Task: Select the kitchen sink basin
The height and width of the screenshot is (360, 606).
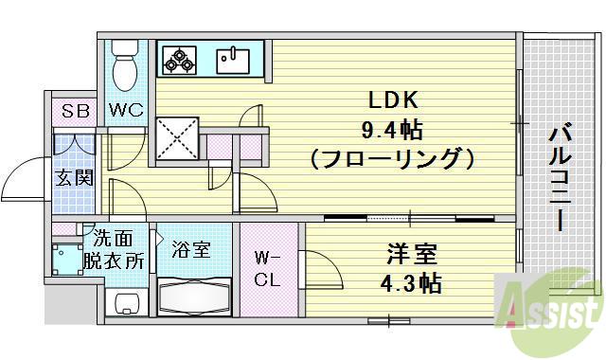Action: pos(231,60)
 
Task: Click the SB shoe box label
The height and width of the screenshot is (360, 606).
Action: pos(75,111)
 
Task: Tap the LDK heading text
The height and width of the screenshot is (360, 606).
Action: pos(389,99)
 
